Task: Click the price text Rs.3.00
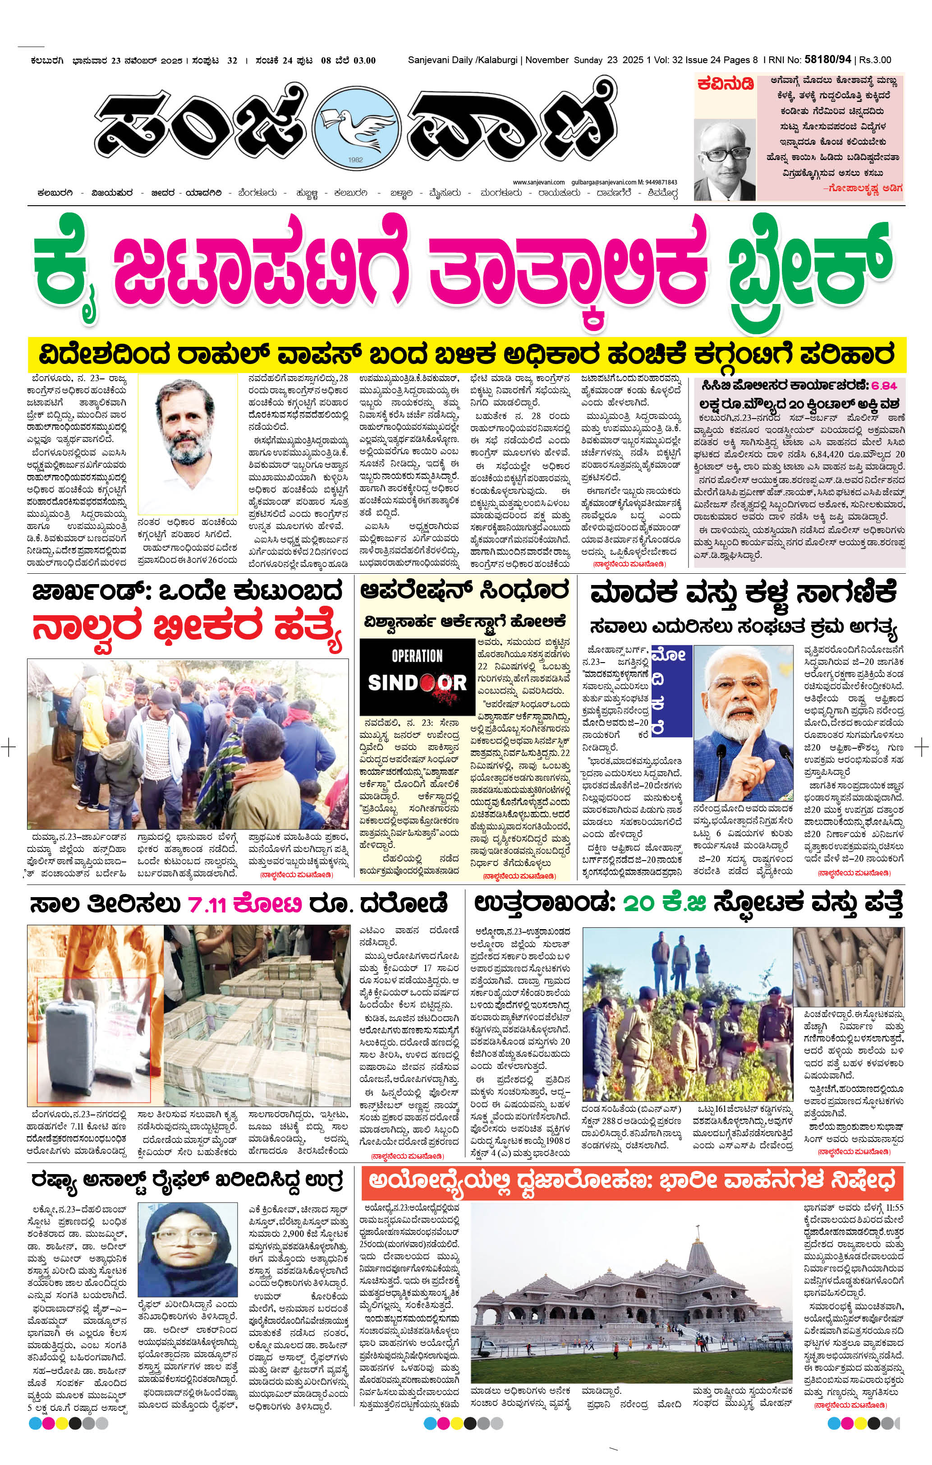point(875,60)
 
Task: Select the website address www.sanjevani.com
point(538,182)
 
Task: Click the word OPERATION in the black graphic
point(417,656)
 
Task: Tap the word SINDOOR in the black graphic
point(417,682)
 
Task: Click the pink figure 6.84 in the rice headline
point(883,385)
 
